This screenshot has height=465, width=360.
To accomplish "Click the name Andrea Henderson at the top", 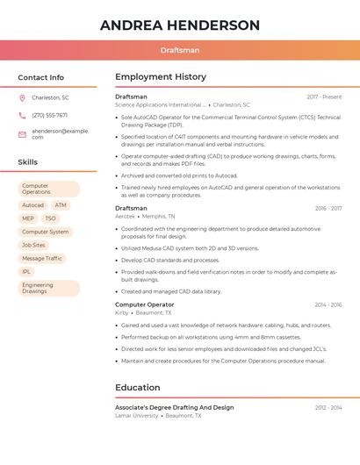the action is (179, 25).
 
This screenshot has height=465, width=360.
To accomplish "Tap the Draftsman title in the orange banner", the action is (179, 50).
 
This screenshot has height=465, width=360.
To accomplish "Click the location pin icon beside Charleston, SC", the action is (22, 97).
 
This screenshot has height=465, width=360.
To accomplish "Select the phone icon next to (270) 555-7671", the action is (22, 115).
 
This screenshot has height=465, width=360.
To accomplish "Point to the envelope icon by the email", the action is (22, 134).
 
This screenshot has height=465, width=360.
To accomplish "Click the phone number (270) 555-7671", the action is (49, 115).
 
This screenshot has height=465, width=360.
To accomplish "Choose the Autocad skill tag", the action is (32, 204).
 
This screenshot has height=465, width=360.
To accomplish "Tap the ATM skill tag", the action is (61, 204).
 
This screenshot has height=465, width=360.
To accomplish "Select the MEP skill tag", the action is (28, 218).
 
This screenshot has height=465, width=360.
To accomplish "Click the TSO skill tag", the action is (50, 218).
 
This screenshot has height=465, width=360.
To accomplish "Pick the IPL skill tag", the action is (26, 272).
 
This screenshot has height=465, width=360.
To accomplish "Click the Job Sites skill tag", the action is (33, 245).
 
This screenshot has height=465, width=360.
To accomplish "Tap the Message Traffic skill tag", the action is (42, 258).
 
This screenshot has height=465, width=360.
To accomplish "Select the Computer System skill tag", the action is (45, 232).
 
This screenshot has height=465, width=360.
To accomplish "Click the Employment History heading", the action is (161, 77).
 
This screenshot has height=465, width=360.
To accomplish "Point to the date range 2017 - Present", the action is (324, 97).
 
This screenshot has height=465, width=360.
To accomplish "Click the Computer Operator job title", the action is (144, 304).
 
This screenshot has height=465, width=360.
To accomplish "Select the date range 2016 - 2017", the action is (328, 208).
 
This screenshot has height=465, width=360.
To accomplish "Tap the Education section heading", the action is (138, 387).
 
